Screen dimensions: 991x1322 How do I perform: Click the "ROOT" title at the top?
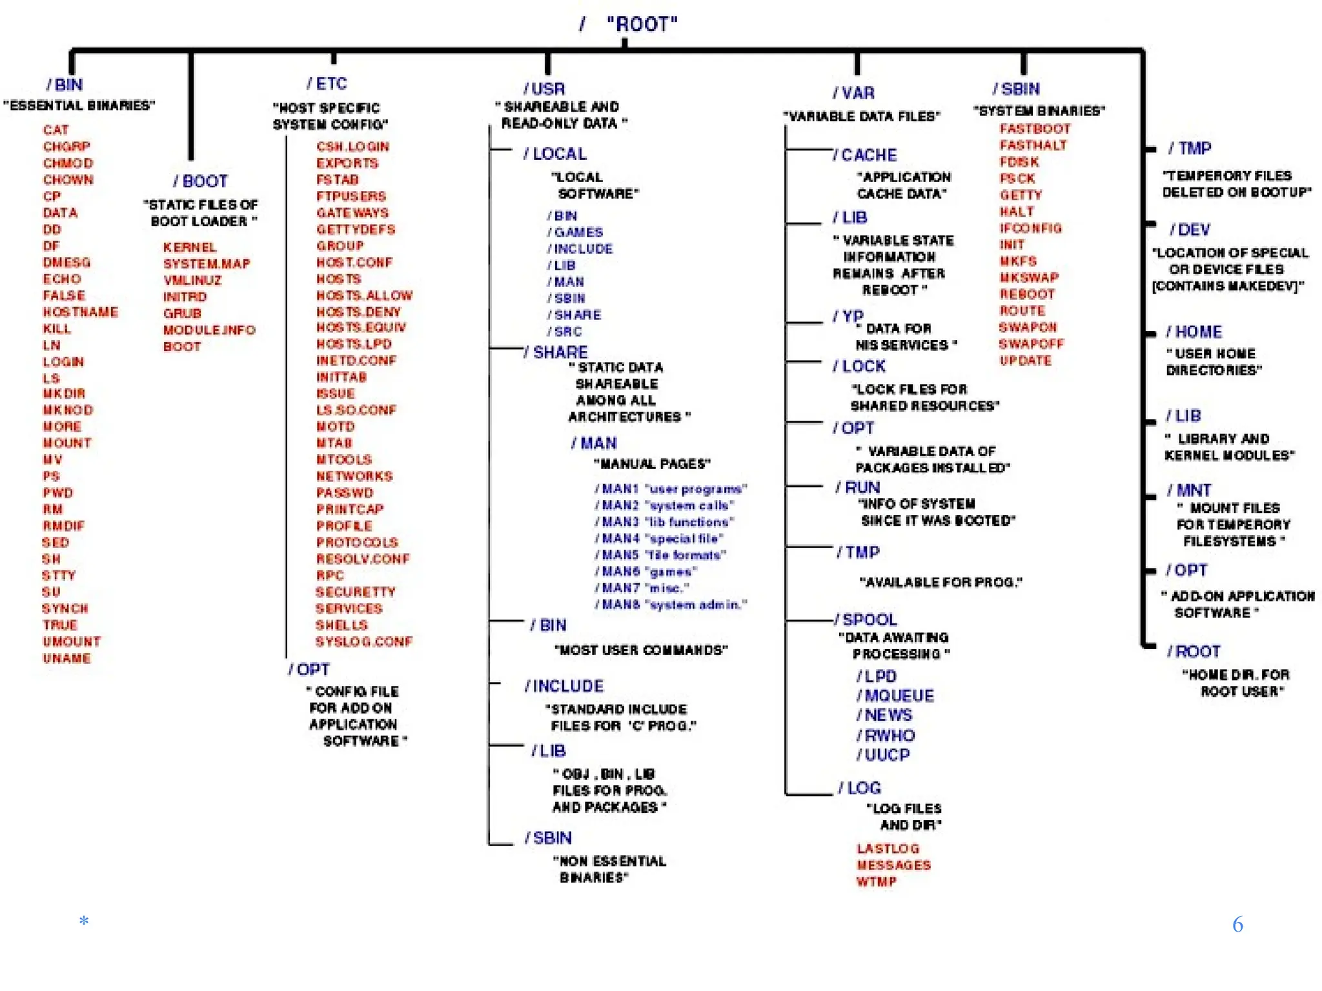[642, 25]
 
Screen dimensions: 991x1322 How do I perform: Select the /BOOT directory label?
[201, 181]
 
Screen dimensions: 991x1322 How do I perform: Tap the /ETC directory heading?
[327, 84]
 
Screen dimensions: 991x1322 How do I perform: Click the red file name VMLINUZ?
[192, 281]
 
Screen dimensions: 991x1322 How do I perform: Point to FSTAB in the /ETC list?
[337, 180]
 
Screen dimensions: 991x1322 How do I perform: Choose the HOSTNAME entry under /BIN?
[81, 312]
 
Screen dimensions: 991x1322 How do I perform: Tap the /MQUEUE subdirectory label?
[895, 696]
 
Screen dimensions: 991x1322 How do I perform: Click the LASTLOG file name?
[888, 849]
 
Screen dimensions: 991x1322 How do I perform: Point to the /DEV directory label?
[1190, 230]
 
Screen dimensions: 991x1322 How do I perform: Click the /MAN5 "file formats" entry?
[660, 556]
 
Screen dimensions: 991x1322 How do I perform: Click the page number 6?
[1237, 925]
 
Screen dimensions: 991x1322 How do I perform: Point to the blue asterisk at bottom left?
[84, 921]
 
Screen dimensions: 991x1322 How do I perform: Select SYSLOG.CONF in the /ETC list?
[363, 642]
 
